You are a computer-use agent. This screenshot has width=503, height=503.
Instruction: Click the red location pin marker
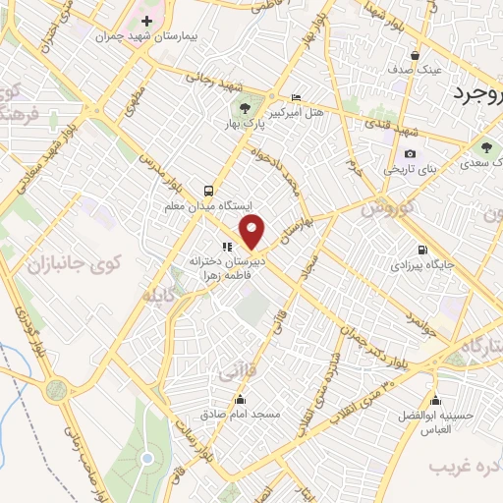253,232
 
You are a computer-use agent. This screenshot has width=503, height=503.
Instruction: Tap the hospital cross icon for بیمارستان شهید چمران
146,21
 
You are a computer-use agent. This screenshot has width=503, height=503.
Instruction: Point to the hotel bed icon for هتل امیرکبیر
297,97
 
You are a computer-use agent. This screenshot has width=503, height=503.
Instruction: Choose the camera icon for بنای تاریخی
410,154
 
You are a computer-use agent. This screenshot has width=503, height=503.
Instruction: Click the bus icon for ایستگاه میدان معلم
207,191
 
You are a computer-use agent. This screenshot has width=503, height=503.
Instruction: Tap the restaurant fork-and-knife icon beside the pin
226,248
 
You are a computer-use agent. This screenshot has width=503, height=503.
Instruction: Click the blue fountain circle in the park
146,457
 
